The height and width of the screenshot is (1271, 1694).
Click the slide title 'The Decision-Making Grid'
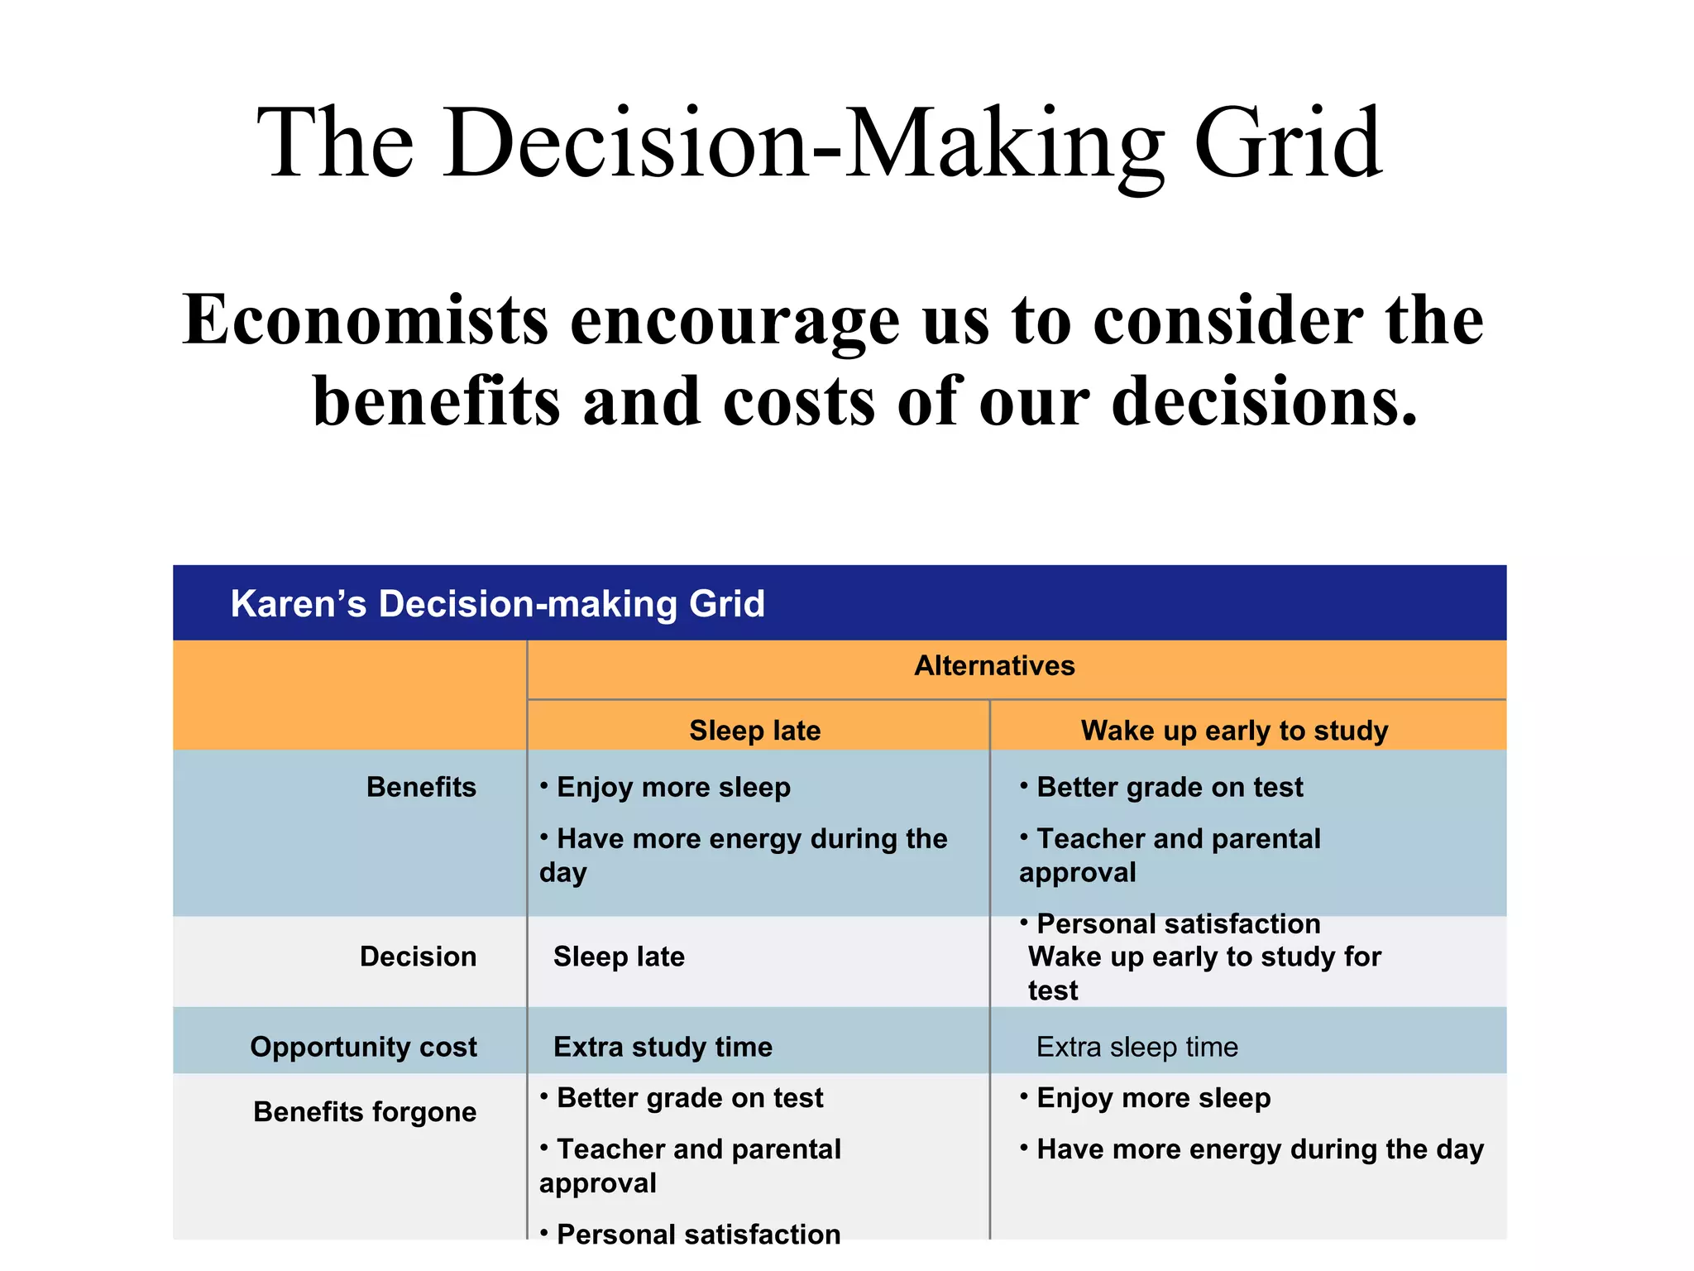[819, 144]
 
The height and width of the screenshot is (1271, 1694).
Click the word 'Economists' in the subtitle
[365, 321]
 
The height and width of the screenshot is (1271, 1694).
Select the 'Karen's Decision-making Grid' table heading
[497, 603]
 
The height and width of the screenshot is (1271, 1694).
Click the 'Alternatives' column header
[994, 665]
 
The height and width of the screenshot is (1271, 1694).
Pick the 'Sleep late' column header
[754, 730]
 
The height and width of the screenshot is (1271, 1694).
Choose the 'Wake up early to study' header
[1234, 730]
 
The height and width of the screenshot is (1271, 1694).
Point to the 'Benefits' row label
[421, 787]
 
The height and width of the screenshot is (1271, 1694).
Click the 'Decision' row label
[418, 957]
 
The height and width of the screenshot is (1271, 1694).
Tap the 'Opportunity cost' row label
[363, 1047]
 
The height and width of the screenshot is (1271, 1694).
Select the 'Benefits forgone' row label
[365, 1111]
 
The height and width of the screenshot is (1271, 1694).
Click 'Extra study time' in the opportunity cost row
[663, 1047]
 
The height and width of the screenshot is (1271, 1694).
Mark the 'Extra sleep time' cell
[1137, 1047]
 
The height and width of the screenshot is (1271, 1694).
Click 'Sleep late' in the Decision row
[619, 957]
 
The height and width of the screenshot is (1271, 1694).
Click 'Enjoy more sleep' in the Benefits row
[673, 787]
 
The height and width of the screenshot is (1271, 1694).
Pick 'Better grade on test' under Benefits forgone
[689, 1098]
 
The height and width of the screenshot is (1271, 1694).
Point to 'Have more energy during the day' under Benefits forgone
[1260, 1149]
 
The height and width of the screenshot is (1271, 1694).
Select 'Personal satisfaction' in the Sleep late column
[698, 1233]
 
